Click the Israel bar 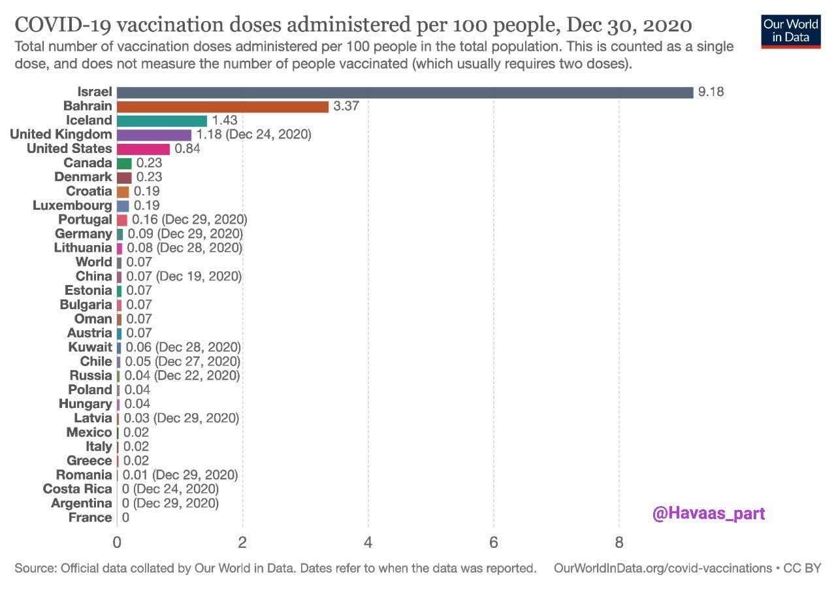[405, 92]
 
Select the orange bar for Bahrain [223, 107]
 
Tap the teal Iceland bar [162, 121]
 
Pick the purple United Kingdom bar [154, 135]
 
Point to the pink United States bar [143, 149]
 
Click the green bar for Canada [124, 163]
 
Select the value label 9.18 [711, 92]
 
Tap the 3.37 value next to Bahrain [347, 107]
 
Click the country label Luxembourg [72, 205]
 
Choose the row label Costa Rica [77, 489]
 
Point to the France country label [89, 518]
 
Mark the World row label [93, 262]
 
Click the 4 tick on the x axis [368, 543]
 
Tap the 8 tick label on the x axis [619, 543]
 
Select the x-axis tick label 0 [117, 543]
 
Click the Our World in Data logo [790, 30]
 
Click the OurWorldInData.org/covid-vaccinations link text [662, 568]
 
